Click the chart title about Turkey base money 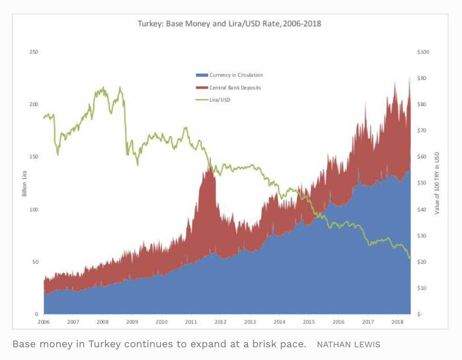tap(229, 24)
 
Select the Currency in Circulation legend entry tap(236, 75)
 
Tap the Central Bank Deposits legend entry tap(235, 88)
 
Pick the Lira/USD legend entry tap(220, 100)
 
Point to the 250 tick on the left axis tap(34, 52)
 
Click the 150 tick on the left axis tap(34, 157)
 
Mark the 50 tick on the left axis tap(35, 262)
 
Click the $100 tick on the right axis tap(423, 52)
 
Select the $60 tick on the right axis tap(423, 157)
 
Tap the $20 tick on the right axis tap(423, 262)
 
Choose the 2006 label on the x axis tap(44, 322)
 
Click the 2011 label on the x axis tap(191, 322)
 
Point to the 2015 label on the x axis tap(309, 322)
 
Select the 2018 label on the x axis tap(397, 322)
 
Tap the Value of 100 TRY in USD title tap(437, 183)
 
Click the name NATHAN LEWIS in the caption tap(349, 344)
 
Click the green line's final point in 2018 tap(410, 258)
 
